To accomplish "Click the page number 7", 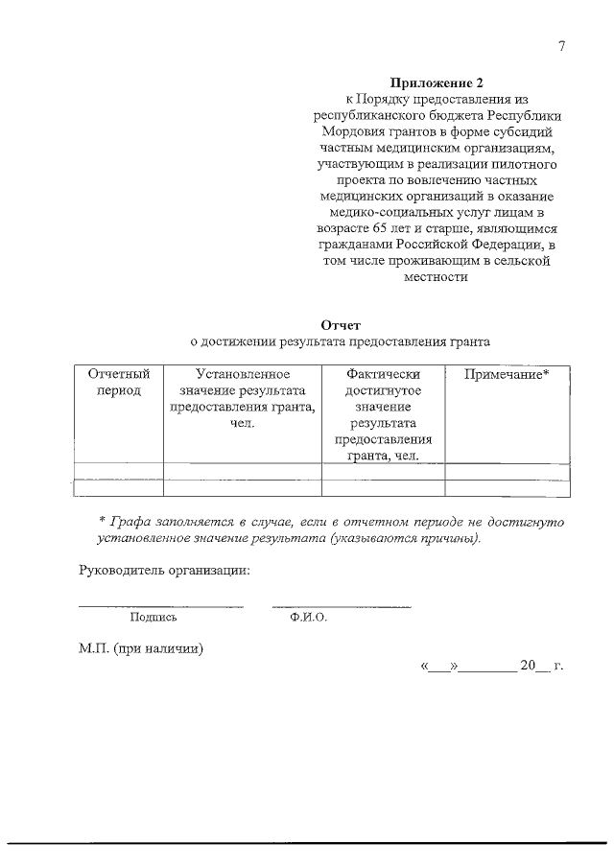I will click(x=561, y=48).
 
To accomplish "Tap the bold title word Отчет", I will click(x=341, y=325).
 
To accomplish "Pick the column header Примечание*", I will click(x=507, y=373).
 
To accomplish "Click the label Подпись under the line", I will click(x=153, y=619).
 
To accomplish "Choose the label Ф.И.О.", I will click(x=308, y=619).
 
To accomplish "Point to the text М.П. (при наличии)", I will click(x=141, y=647).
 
